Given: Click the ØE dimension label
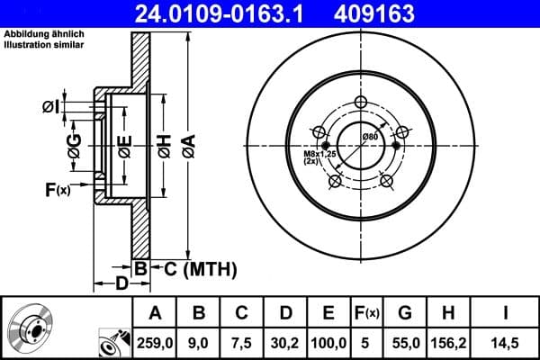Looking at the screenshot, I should coord(125,144).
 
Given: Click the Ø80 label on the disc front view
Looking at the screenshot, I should coord(369,136).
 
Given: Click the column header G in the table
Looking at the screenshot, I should coord(405,313).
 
